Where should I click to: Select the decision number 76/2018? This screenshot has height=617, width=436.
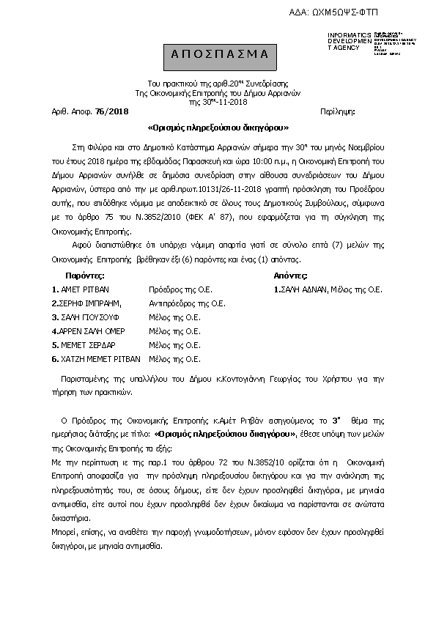click(111, 111)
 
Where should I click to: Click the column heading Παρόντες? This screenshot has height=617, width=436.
click(85, 276)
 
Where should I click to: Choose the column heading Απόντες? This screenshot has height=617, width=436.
click(290, 276)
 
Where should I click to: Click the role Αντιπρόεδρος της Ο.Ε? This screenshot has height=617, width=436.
click(187, 303)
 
